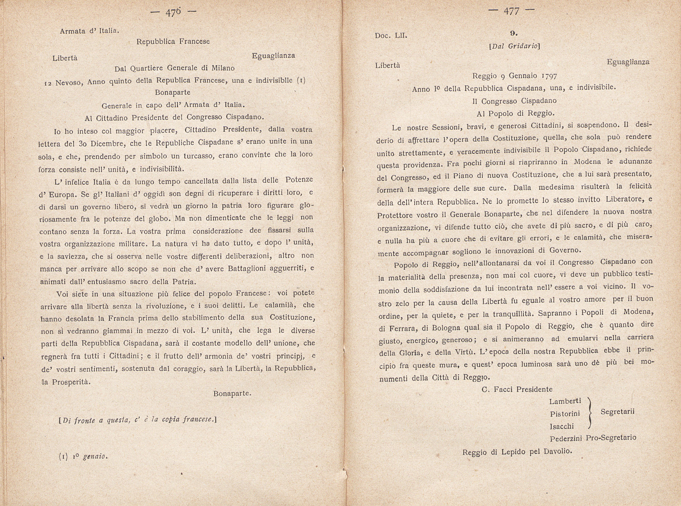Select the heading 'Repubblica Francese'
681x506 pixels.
pyautogui.click(x=173, y=42)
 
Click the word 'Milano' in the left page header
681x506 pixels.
pyautogui.click(x=223, y=68)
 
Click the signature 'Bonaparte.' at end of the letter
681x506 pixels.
pyautogui.click(x=232, y=394)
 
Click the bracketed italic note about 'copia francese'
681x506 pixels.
pyautogui.click(x=138, y=420)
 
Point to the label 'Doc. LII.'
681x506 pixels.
pyautogui.click(x=391, y=35)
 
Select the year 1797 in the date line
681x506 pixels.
pyautogui.click(x=545, y=76)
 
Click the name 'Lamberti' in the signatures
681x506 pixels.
pyautogui.click(x=565, y=401)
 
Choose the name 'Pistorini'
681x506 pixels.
pyautogui.click(x=565, y=414)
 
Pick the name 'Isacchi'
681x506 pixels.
pyautogui.click(x=562, y=426)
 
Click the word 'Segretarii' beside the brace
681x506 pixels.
pyautogui.click(x=617, y=412)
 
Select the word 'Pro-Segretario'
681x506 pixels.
pyautogui.click(x=611, y=438)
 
